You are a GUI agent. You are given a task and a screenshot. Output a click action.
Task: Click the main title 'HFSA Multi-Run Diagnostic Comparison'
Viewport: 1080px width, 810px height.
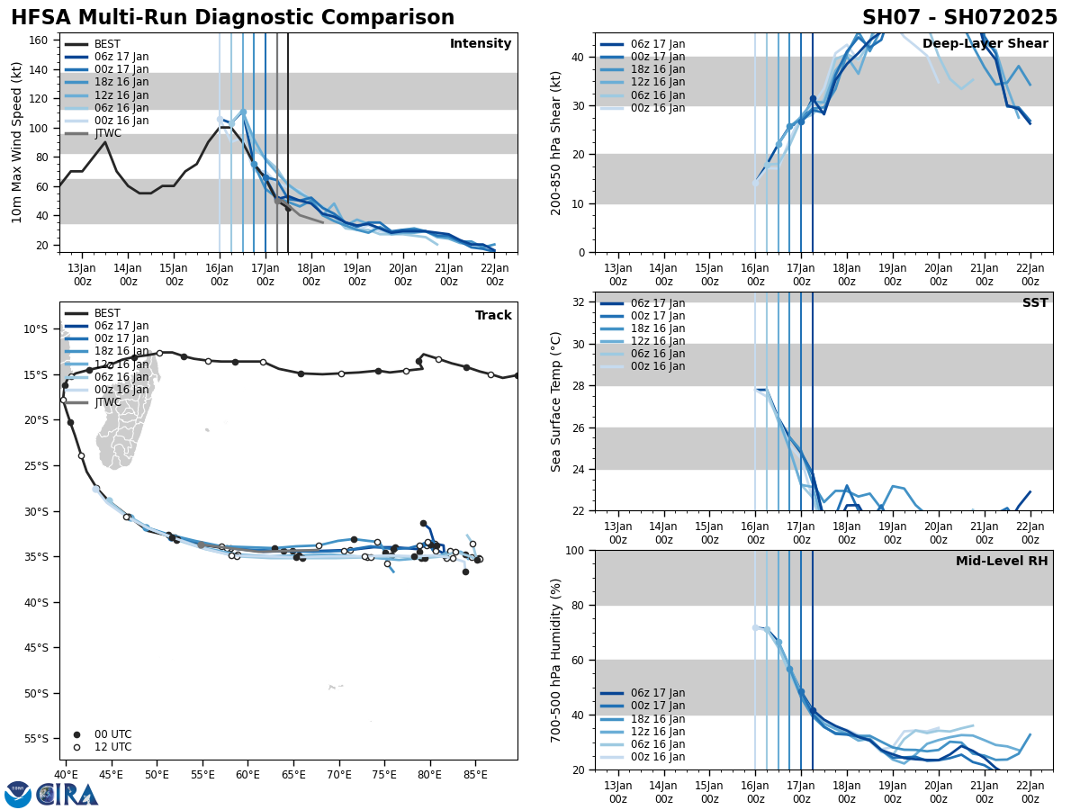click(x=232, y=18)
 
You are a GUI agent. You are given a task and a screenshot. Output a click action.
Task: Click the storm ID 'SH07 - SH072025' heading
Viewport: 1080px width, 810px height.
click(x=959, y=18)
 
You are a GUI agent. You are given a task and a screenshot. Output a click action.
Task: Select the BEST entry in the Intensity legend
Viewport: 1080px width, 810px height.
click(x=107, y=44)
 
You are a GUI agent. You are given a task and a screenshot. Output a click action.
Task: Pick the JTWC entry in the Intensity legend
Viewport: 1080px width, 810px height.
click(x=107, y=133)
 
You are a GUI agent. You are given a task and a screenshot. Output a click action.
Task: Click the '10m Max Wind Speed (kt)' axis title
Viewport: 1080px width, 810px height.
click(x=17, y=142)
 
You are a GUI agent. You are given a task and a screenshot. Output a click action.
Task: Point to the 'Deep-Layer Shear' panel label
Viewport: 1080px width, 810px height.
click(x=985, y=44)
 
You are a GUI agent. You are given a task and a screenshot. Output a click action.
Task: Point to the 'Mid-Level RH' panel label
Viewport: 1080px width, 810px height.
click(x=1002, y=562)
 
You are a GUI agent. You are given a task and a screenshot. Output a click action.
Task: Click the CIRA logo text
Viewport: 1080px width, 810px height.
click(x=67, y=794)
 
